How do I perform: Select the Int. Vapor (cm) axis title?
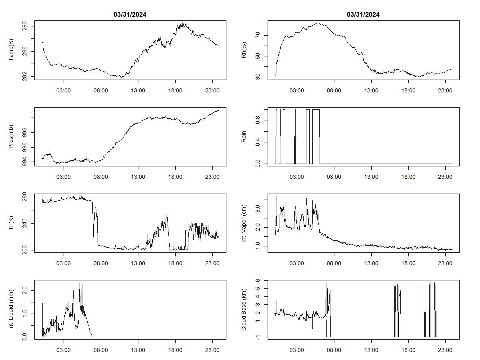point(244,223)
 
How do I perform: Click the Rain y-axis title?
point(244,137)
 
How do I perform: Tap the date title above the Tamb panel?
point(130,15)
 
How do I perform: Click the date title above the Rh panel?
point(363,15)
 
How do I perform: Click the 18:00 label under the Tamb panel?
point(175,90)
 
